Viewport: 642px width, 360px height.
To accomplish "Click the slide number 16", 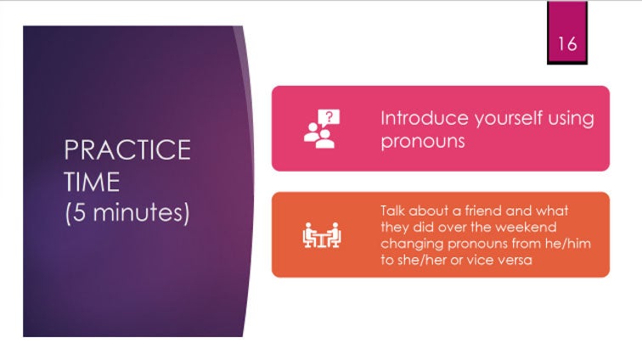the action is [567, 43].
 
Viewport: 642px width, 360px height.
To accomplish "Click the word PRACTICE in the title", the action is [127, 150].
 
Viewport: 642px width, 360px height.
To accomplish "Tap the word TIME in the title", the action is [92, 182].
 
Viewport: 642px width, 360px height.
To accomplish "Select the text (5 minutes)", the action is [127, 213].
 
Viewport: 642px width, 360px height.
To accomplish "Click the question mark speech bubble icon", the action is [322, 128].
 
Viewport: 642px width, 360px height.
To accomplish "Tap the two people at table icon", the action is [322, 235].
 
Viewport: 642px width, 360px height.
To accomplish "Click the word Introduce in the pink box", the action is [425, 118].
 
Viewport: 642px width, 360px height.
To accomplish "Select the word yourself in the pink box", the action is [508, 119].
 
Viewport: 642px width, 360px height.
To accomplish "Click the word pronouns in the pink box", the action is [423, 142].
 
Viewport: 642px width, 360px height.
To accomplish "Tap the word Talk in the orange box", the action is [392, 211].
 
